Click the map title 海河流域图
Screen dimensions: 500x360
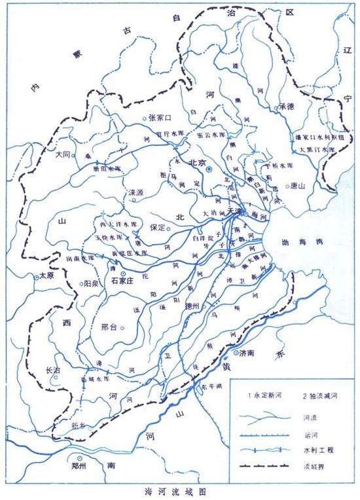(x=179, y=490)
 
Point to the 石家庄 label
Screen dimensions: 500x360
(x=123, y=281)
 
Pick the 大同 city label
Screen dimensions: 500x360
(x=63, y=155)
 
